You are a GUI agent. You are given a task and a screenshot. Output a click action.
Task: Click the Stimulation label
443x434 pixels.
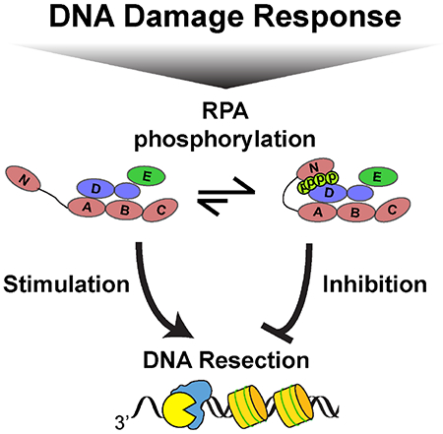pos(67,285)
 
